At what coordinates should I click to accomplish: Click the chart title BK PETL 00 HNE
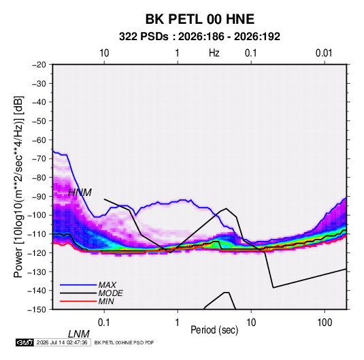(199, 19)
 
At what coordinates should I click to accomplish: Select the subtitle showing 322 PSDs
(199, 37)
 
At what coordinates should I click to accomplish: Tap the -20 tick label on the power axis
(39, 65)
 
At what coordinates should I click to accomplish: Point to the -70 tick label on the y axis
(39, 159)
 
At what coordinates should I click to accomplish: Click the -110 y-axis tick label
(37, 234)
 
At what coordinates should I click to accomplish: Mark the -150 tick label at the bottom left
(37, 310)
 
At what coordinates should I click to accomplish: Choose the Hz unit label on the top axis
(214, 53)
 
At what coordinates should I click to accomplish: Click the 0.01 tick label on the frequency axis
(324, 53)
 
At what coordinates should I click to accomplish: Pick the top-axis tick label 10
(104, 53)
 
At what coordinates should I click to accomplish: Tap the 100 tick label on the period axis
(325, 323)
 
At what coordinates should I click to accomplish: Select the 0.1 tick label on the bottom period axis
(103, 323)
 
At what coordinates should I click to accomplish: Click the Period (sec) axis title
(214, 330)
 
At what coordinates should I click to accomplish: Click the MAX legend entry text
(107, 285)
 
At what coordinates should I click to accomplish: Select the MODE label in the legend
(110, 293)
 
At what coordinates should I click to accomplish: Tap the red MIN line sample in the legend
(78, 301)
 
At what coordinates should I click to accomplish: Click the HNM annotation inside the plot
(80, 193)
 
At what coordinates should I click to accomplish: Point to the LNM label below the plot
(79, 334)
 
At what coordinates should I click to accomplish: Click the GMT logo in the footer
(25, 342)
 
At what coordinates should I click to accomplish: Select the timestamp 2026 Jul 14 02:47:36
(62, 342)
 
